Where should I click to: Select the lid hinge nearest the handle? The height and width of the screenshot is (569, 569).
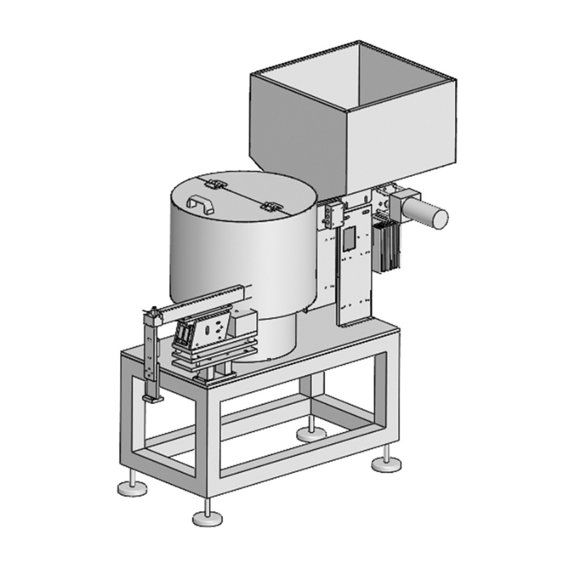[x=216, y=184]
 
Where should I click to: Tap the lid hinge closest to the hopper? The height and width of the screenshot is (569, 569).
[x=271, y=207]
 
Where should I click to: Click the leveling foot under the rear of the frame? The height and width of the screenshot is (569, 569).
[x=311, y=432]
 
